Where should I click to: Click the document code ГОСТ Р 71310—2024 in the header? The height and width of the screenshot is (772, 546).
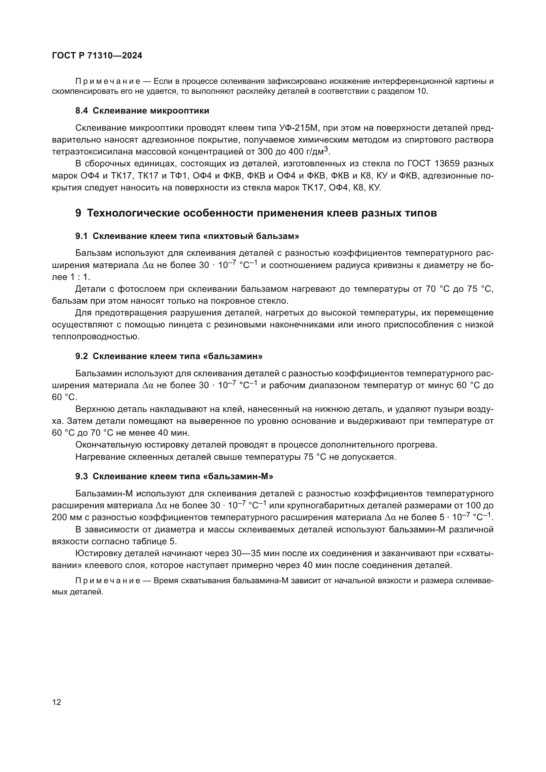(x=97, y=56)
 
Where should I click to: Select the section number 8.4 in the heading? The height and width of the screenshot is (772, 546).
(x=82, y=111)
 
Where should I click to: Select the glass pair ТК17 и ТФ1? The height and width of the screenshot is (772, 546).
(x=166, y=176)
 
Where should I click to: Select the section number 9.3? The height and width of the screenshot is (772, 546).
(x=82, y=476)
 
